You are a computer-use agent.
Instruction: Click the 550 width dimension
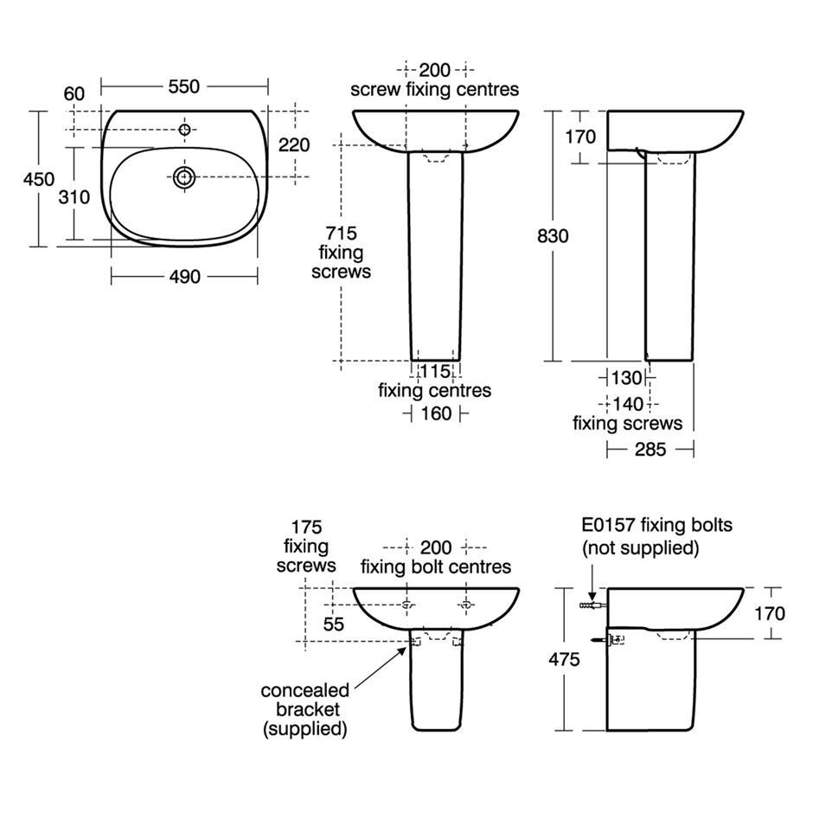(184, 86)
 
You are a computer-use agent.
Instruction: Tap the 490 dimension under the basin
(184, 277)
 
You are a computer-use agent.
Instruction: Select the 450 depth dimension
(38, 179)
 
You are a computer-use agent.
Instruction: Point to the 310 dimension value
(74, 197)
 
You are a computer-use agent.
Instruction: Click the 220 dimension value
(294, 144)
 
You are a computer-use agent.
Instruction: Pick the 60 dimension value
(74, 94)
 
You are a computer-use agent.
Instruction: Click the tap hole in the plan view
(184, 129)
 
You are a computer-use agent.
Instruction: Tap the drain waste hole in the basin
(184, 177)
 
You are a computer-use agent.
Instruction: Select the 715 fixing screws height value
(341, 234)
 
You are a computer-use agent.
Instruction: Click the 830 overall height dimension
(553, 236)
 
